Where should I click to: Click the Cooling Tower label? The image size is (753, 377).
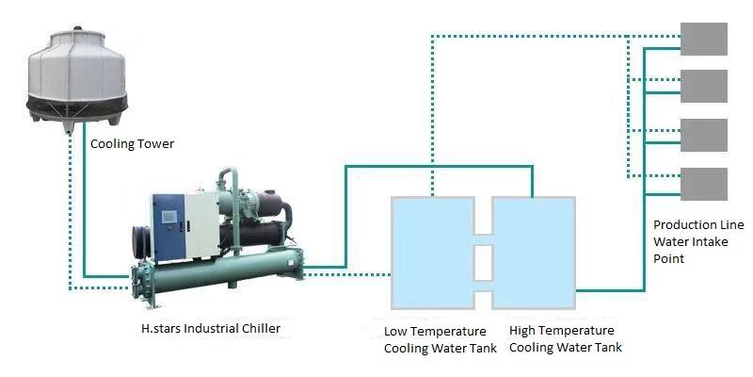133,144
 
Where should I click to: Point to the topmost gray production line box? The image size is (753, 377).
703,39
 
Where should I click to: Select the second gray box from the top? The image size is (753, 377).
703,86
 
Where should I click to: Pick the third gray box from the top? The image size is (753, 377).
703,135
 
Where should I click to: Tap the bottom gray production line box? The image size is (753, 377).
703,183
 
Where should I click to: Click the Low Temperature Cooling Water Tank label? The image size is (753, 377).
435,339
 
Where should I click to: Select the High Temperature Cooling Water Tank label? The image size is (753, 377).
565,339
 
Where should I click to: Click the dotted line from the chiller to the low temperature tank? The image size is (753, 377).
348,274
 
